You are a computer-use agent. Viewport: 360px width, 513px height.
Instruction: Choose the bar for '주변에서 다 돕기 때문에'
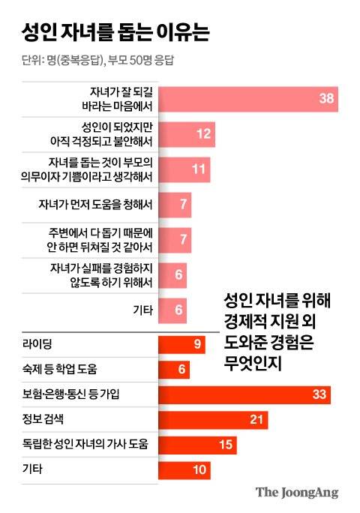[175, 239]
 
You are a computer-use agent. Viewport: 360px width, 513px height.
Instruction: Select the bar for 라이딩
[181, 344]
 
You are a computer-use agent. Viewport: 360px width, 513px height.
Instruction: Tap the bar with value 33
[244, 394]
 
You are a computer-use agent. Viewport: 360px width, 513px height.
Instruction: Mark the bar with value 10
[184, 469]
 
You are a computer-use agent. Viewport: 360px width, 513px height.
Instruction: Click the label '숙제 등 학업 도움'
[61, 370]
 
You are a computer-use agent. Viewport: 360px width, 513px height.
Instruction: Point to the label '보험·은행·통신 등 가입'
[72, 394]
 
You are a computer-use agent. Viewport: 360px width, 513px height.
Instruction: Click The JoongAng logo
[297, 493]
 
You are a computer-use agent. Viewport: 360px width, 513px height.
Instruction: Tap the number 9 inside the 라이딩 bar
[197, 344]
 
